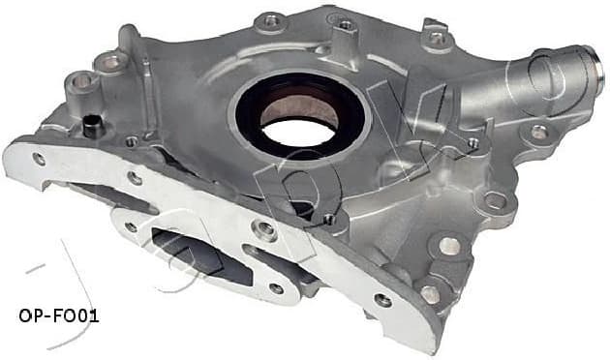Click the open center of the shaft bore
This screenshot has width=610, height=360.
[x=298, y=114]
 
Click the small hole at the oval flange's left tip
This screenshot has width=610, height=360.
[x=130, y=227]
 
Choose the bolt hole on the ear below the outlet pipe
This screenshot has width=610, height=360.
[x=537, y=132]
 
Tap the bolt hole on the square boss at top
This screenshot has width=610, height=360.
[x=345, y=23]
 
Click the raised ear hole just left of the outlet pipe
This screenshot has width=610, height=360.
[x=436, y=39]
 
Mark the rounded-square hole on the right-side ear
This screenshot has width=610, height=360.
[x=495, y=200]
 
